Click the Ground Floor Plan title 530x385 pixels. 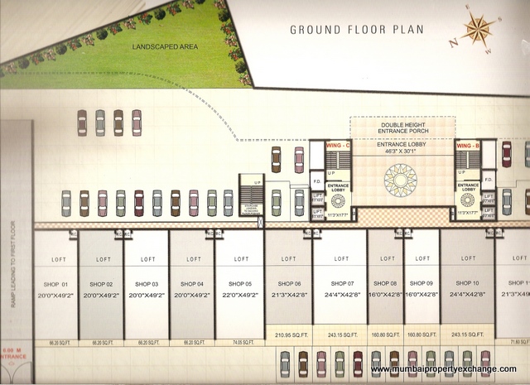[356, 31]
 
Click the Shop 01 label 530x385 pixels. [56, 284]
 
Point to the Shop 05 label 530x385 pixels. [238, 284]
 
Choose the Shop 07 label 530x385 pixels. [340, 284]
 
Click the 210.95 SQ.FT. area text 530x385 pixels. [288, 334]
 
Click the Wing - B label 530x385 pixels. [467, 146]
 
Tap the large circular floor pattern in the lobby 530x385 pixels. [402, 181]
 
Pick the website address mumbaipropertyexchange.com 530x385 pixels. [443, 369]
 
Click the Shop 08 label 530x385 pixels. [385, 284]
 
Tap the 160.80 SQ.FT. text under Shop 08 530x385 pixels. [385, 334]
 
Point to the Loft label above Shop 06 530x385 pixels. [288, 258]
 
